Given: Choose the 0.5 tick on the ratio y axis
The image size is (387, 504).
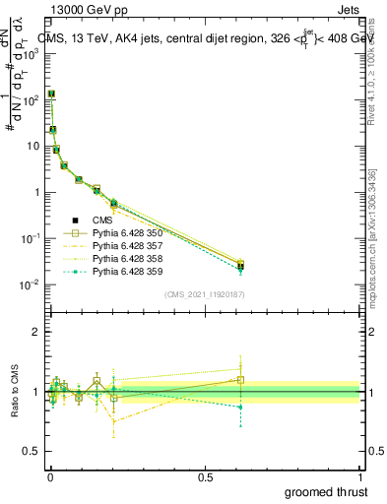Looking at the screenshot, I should point(31,452).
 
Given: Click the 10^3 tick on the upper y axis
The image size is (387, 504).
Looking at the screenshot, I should point(29,53).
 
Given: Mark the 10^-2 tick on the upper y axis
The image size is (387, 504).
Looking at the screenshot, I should point(29,284).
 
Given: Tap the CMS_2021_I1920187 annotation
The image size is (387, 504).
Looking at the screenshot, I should point(205,294).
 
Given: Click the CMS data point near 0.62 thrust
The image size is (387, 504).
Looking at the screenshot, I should point(240,265).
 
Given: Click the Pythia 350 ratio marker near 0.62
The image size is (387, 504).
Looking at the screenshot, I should point(240,379).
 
